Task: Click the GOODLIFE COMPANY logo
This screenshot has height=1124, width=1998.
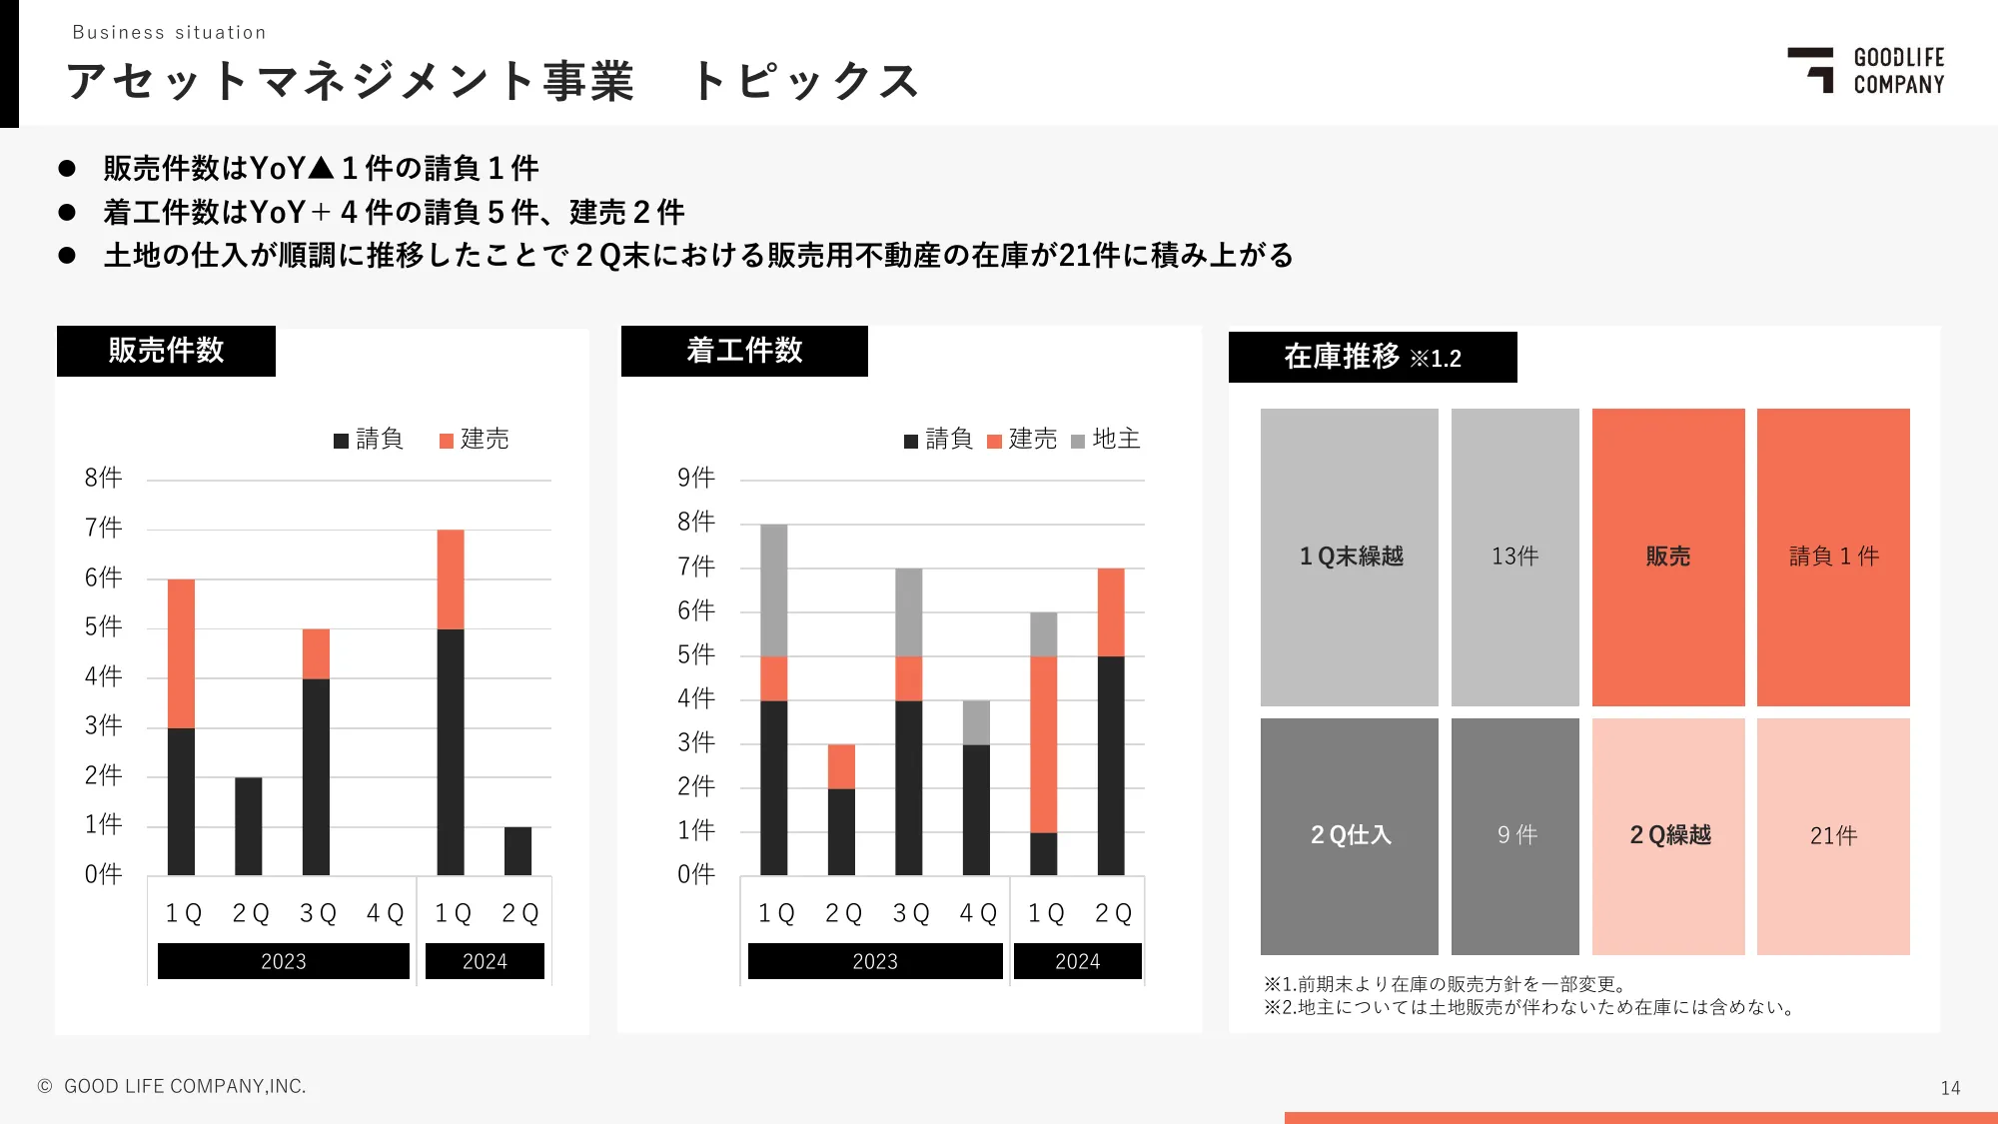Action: [1864, 71]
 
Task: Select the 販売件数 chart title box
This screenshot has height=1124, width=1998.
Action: [166, 351]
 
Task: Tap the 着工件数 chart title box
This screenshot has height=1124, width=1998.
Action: [744, 351]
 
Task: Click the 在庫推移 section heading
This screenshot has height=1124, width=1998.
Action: [1372, 357]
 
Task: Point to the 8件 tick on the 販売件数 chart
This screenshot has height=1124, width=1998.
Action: [103, 478]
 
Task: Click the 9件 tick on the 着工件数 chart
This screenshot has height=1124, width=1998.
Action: [696, 478]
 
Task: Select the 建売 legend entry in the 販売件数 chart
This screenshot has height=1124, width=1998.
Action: [475, 440]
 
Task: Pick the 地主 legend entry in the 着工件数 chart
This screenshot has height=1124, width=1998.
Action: [1106, 440]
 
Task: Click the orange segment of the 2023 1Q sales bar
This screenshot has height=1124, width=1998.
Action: [181, 653]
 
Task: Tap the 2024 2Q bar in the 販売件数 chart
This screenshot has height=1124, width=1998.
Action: [517, 851]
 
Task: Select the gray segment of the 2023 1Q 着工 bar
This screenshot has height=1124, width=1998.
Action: [774, 589]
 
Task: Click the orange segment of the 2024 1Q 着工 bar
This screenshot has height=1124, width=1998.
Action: [1044, 744]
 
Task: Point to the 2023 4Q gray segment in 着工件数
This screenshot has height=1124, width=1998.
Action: [976, 722]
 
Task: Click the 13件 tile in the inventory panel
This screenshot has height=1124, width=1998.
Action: [1514, 557]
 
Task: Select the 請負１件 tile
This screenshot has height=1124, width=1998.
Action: [1833, 557]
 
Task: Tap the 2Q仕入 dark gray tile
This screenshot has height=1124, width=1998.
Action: [1350, 835]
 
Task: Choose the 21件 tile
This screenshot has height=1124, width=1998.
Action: [1833, 835]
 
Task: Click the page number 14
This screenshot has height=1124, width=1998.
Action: [1950, 1088]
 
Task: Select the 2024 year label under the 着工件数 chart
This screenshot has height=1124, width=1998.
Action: [1077, 961]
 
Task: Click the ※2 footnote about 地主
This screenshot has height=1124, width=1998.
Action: [1528, 1007]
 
